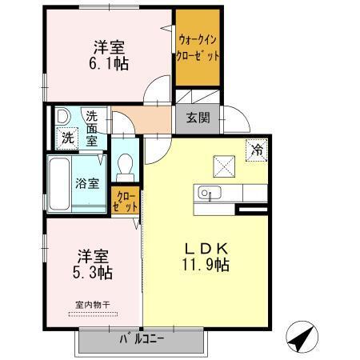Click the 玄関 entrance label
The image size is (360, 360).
click(198, 118)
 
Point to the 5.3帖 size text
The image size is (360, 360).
click(94, 272)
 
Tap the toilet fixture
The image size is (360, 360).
click(125, 165)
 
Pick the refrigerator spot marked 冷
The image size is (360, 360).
click(257, 149)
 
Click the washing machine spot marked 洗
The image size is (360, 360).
click(67, 137)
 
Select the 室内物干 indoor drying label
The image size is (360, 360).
click(93, 305)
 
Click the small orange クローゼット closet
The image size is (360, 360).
click(126, 200)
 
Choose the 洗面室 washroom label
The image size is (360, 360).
click(93, 128)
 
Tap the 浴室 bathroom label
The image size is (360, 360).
click(88, 182)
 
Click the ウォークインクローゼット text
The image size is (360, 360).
click(198, 48)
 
